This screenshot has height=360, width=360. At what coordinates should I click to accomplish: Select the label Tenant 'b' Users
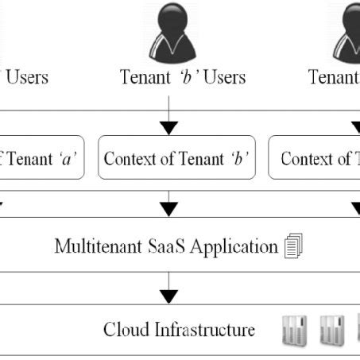tap(183, 77)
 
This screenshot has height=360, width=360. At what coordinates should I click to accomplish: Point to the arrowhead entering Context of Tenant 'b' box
tap(168, 126)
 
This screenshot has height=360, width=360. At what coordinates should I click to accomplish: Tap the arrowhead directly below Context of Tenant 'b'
tap(168, 209)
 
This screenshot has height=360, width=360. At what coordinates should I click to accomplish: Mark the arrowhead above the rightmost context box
tap(354, 126)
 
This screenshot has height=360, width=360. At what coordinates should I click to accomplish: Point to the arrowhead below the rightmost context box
tap(354, 209)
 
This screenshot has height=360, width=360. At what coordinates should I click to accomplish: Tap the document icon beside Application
tap(292, 247)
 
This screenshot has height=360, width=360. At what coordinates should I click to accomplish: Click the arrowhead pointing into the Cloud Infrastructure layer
tap(168, 296)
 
